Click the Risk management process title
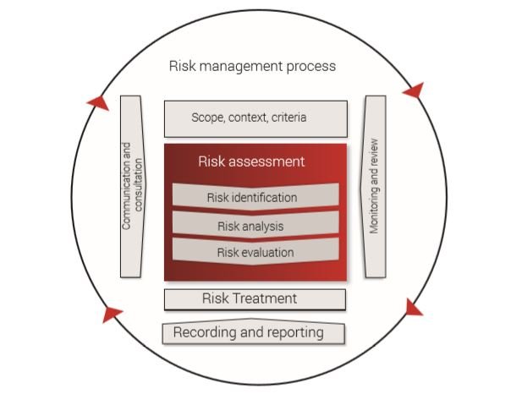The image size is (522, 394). coord(252,66)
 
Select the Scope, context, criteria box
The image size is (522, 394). coord(256,118)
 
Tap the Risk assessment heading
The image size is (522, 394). coord(251,161)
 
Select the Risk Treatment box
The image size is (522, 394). coord(255,298)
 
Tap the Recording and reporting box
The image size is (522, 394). coord(254,332)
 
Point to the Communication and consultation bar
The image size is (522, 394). coord(131,186)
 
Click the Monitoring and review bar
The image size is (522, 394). coord(375,186)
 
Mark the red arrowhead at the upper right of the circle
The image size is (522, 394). coord(412,90)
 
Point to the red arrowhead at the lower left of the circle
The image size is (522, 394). coord(112,315)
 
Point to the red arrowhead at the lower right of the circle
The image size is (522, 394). coord(413,307)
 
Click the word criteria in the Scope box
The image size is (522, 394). coord(288,118)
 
